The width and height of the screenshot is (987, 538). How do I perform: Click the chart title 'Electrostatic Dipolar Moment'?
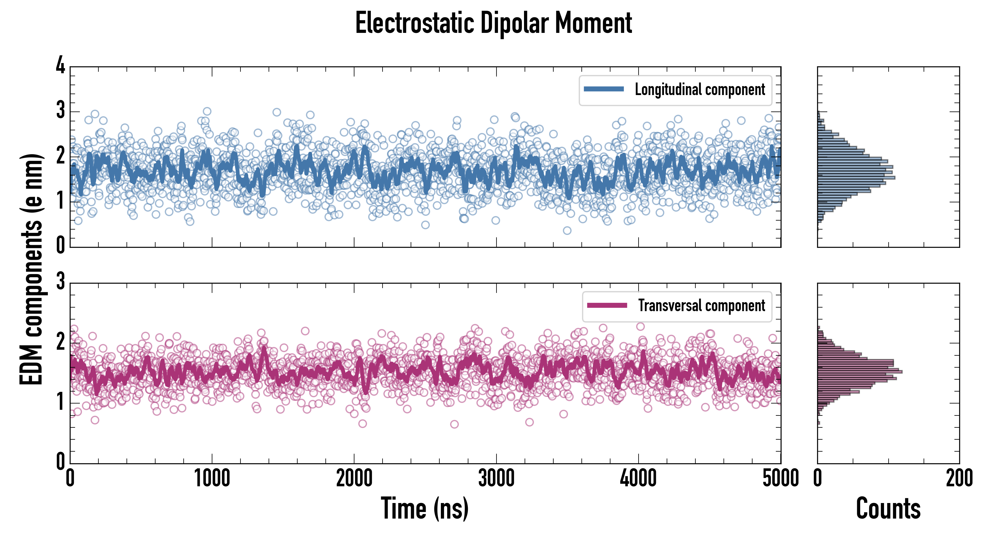(x=493, y=23)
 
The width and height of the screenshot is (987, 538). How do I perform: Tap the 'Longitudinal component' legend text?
(x=700, y=90)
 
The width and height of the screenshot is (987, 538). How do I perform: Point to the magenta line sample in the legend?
(x=607, y=305)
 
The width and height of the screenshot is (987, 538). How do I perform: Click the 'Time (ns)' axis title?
(x=424, y=508)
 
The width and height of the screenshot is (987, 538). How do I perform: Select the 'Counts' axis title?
(x=888, y=508)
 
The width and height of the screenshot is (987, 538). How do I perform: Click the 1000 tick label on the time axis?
(x=212, y=479)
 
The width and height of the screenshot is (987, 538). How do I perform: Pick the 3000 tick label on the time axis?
(x=496, y=479)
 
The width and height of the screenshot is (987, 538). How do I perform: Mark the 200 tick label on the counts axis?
(x=959, y=479)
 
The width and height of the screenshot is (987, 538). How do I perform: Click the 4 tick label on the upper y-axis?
(x=60, y=65)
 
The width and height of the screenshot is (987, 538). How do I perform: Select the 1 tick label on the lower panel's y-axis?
(x=60, y=402)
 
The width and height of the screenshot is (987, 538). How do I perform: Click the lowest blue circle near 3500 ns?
(x=567, y=230)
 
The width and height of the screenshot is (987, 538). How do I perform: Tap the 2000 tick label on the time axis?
(x=354, y=479)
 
